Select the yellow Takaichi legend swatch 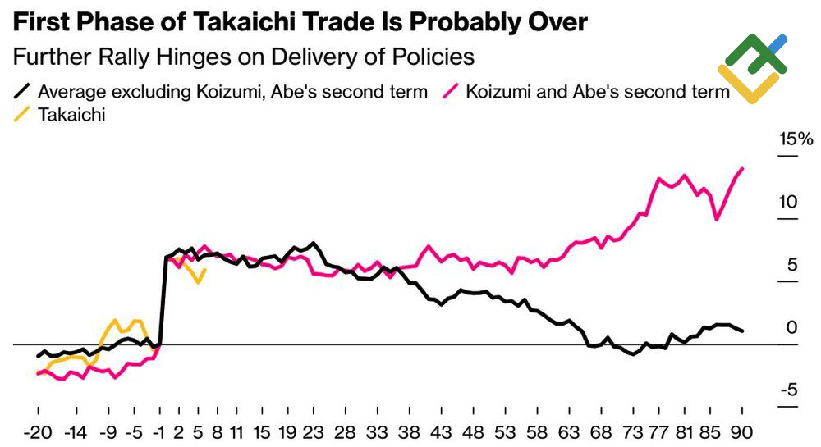pyautogui.click(x=24, y=115)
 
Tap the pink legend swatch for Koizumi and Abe pyautogui.click(x=451, y=91)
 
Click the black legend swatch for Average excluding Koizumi pyautogui.click(x=24, y=91)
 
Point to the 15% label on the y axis pyautogui.click(x=795, y=139)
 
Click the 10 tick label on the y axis pyautogui.click(x=788, y=202)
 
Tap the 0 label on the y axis pyautogui.click(x=791, y=327)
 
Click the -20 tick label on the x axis pyautogui.click(x=39, y=431)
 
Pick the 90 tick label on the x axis pyautogui.click(x=743, y=431)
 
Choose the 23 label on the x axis pyautogui.click(x=314, y=431)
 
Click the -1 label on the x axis pyautogui.click(x=159, y=431)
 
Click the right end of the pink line pyautogui.click(x=743, y=168)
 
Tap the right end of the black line pyautogui.click(x=743, y=331)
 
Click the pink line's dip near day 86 pyautogui.click(x=717, y=219)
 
